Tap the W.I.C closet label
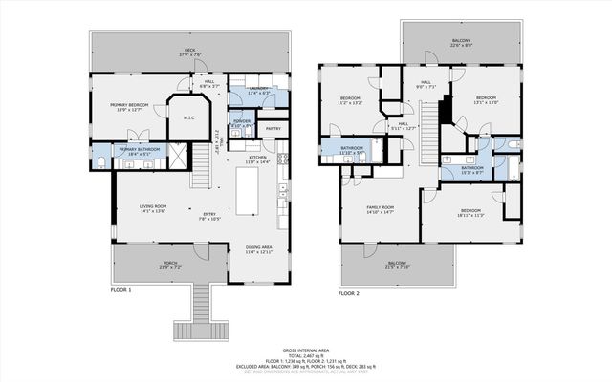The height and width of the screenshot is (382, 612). (x=188, y=118)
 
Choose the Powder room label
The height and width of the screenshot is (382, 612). (x=242, y=123)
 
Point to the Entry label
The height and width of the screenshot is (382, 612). (x=209, y=216)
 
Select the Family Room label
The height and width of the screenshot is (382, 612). (x=381, y=208)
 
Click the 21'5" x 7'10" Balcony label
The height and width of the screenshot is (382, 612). (x=396, y=265)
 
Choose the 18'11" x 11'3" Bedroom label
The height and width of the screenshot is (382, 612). (x=470, y=213)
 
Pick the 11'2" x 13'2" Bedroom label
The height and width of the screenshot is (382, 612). (x=351, y=100)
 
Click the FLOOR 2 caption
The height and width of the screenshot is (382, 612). (x=348, y=294)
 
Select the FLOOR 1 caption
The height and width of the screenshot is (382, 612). (x=121, y=289)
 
